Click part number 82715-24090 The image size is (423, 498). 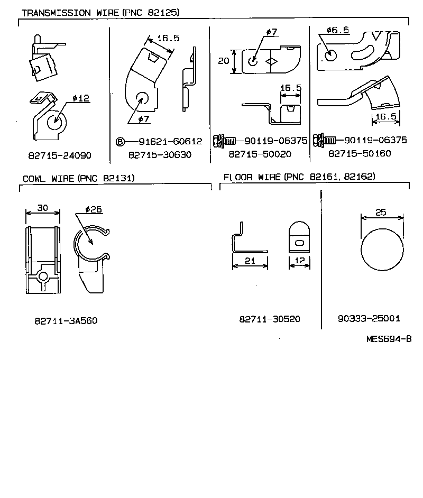coord(60,156)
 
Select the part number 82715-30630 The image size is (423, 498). coord(160,155)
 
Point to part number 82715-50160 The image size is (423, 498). coord(360,153)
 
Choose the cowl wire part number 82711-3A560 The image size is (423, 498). coord(66,320)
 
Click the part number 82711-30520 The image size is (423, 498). coord(270,319)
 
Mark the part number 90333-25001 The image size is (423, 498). coord(369,318)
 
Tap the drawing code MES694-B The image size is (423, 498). coord(389,339)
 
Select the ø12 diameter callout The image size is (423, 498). coord(80,98)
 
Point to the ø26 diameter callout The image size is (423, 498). coord(93,209)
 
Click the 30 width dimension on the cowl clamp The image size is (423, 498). coord(42,208)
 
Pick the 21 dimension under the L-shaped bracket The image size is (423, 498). coord(250,261)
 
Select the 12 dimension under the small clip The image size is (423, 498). coord(299,261)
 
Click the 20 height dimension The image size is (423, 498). coord(224,61)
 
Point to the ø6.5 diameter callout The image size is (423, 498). coord(337,31)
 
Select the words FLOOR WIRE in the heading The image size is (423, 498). coord(252,177)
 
